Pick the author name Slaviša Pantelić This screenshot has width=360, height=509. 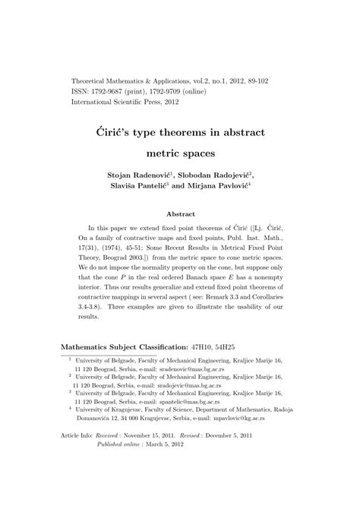coord(142,187)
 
